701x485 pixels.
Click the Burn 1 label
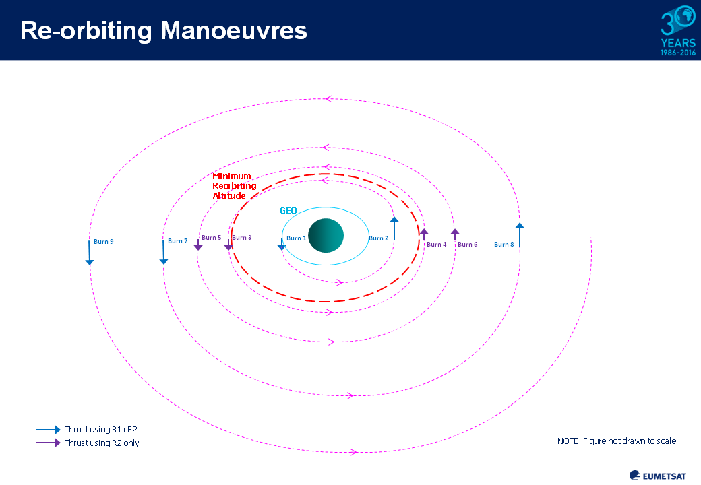click(x=297, y=238)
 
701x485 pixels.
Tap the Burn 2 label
click(x=378, y=238)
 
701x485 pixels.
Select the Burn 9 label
click(x=104, y=242)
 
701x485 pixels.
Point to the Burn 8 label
click(x=504, y=245)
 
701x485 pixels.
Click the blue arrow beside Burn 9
click(x=90, y=253)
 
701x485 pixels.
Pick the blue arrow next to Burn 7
click(x=163, y=253)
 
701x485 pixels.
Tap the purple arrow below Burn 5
click(x=198, y=245)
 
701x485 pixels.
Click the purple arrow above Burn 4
click(x=424, y=234)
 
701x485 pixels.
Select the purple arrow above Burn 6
click(x=455, y=234)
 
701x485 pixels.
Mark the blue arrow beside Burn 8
click(x=520, y=235)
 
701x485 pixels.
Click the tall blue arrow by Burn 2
click(x=394, y=228)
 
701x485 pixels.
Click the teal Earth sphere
click(x=326, y=235)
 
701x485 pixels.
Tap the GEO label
click(x=288, y=211)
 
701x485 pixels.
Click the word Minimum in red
click(x=232, y=176)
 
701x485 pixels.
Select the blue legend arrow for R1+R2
click(x=49, y=430)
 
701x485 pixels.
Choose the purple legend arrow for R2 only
click(x=49, y=443)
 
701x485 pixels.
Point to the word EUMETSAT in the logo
click(x=664, y=476)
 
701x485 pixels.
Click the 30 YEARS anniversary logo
click(x=678, y=30)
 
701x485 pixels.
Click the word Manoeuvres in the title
click(x=234, y=31)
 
